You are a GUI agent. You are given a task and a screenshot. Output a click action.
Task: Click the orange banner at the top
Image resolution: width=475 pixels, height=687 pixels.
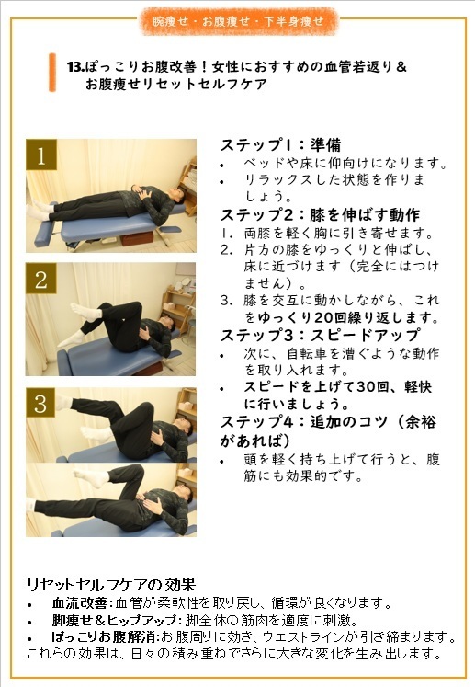239,20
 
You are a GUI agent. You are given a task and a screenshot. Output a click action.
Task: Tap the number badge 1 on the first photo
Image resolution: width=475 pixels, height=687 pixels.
41,155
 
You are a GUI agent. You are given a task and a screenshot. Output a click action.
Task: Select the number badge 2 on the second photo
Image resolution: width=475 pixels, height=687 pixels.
40,279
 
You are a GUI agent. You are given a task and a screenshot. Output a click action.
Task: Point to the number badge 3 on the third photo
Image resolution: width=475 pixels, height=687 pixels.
40,403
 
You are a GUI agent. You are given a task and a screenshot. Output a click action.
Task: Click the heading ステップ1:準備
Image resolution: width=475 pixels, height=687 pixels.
280,145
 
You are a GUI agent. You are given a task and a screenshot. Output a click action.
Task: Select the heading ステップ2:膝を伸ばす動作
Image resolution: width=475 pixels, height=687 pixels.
320,214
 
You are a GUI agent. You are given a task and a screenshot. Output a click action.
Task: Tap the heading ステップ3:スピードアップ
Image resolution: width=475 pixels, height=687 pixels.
320,335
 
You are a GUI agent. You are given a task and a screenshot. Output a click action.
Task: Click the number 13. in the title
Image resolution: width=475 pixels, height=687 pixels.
75,67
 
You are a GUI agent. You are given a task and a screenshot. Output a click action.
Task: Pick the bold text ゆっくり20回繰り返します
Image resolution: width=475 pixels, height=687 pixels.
348,317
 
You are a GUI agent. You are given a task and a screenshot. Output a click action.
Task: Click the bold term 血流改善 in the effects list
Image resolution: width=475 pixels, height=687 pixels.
80,603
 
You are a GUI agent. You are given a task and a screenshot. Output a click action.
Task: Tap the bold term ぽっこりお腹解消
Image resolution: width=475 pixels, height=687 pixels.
105,636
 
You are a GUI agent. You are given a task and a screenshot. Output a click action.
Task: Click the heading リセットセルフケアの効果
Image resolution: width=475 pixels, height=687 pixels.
111,585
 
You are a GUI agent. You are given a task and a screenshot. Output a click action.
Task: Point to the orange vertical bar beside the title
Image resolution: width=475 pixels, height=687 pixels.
52,73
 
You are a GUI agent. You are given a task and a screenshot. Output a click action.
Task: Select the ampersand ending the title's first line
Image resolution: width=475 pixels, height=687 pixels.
401,67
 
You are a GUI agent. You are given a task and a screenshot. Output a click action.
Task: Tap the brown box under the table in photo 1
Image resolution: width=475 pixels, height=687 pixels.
136,238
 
